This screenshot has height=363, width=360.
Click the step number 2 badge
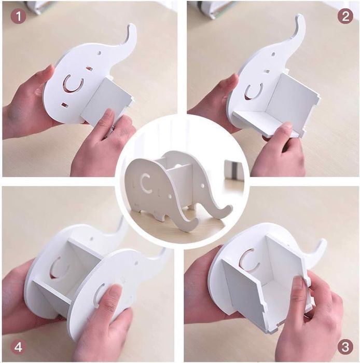[x=345, y=16]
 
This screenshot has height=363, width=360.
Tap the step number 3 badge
[x=345, y=347]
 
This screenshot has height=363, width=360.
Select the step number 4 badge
[x=18, y=347]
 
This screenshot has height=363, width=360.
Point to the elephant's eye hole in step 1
[x=100, y=53]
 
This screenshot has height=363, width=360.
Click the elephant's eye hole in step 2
[x=273, y=55]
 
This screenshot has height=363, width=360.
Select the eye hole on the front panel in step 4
[x=136, y=263]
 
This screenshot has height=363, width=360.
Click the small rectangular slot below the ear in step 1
[x=64, y=104]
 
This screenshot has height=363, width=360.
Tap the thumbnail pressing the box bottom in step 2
[x=287, y=126]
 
